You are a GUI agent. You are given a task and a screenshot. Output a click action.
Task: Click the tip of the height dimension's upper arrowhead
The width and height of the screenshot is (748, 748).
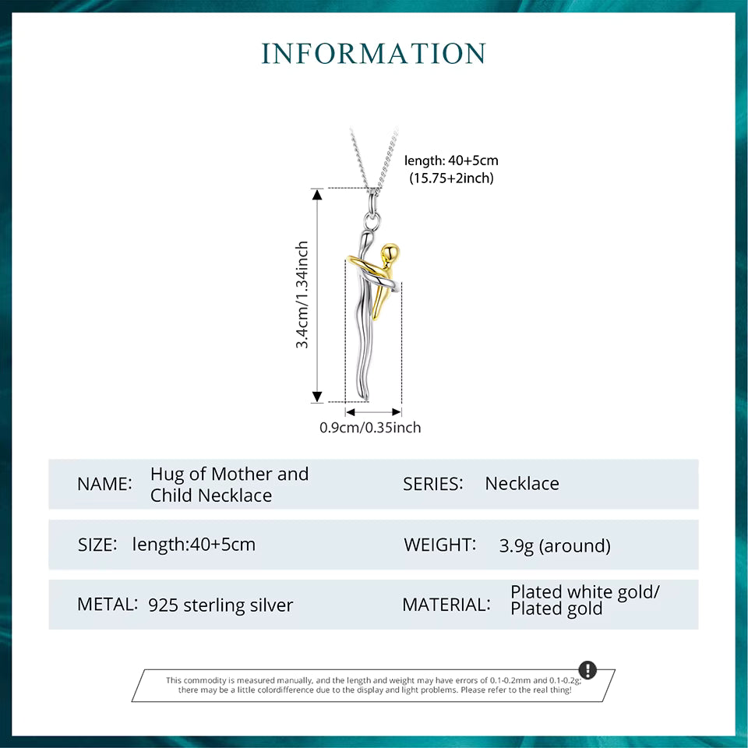tap(317, 189)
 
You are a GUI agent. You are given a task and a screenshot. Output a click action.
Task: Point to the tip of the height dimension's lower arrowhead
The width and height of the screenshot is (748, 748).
tap(317, 403)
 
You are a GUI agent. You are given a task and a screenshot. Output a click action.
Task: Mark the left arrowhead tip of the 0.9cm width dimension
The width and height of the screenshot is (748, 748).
tap(346, 411)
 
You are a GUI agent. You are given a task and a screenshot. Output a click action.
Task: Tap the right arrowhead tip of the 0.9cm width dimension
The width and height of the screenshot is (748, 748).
tap(401, 411)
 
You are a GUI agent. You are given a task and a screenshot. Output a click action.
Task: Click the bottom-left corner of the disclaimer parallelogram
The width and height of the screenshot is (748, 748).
tap(132, 701)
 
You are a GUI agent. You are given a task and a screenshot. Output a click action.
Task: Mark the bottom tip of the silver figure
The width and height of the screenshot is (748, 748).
tap(366, 400)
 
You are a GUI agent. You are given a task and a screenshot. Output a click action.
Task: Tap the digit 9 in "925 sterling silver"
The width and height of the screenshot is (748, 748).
tap(153, 605)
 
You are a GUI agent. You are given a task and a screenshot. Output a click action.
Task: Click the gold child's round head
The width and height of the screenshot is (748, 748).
tap(390, 252)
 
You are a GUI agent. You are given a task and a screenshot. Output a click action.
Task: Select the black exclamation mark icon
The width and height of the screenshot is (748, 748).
tap(587, 670)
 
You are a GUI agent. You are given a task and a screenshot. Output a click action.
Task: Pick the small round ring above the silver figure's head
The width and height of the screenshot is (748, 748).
tap(372, 221)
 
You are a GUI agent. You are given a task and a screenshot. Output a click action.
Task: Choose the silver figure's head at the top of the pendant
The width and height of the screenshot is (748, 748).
tap(366, 235)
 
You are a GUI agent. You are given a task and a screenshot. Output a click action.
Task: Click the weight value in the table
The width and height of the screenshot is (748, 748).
tap(555, 545)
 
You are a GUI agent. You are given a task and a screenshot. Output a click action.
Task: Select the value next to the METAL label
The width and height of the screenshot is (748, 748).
tap(221, 605)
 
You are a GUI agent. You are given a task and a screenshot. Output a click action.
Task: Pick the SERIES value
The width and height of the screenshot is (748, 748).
tap(522, 484)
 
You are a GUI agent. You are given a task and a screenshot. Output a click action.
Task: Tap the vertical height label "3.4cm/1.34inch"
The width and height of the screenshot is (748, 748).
tap(302, 295)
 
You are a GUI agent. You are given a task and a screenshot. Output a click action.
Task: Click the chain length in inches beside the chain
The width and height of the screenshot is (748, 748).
tap(451, 178)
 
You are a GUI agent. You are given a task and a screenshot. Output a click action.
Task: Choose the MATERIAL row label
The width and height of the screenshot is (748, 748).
tap(446, 605)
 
